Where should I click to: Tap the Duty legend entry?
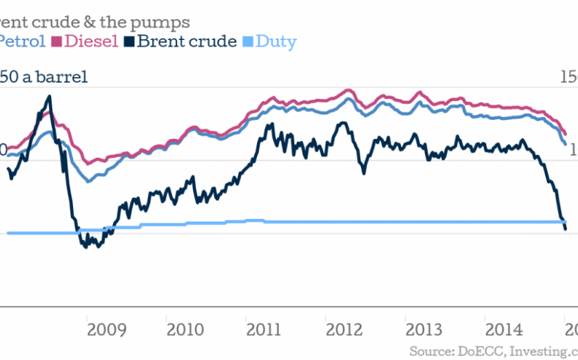276,42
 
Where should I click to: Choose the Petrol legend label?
23,42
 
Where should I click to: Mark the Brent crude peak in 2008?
48,96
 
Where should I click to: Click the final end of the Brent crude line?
566,229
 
